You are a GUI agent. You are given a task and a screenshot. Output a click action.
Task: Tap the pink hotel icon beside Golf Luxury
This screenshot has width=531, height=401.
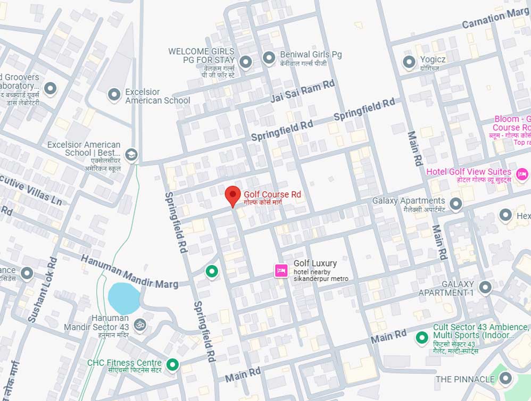point(281,270)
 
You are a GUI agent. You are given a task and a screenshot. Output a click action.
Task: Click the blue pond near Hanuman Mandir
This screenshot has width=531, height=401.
point(124,298)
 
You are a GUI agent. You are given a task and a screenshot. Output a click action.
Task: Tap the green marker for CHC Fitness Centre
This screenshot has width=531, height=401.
point(172,364)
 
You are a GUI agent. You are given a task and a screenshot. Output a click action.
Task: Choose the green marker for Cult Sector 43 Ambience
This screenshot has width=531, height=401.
point(422,337)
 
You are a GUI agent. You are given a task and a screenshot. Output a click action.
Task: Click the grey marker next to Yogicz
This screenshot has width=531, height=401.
point(409,62)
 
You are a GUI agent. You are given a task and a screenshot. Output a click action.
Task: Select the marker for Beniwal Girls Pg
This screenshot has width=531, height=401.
point(270,56)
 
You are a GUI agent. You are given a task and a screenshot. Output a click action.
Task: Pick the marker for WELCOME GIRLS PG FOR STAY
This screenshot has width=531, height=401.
point(245,63)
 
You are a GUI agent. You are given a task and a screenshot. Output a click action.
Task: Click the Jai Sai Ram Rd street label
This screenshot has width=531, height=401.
point(303,91)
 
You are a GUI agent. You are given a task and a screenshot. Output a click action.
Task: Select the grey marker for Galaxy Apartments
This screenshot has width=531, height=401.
point(455,203)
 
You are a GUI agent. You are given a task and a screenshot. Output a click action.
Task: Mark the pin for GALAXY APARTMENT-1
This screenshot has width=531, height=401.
point(485,288)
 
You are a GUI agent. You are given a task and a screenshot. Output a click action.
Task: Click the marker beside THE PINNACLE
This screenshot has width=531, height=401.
point(505,379)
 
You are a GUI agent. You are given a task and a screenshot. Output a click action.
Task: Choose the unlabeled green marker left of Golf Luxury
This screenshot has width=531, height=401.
point(212,272)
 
